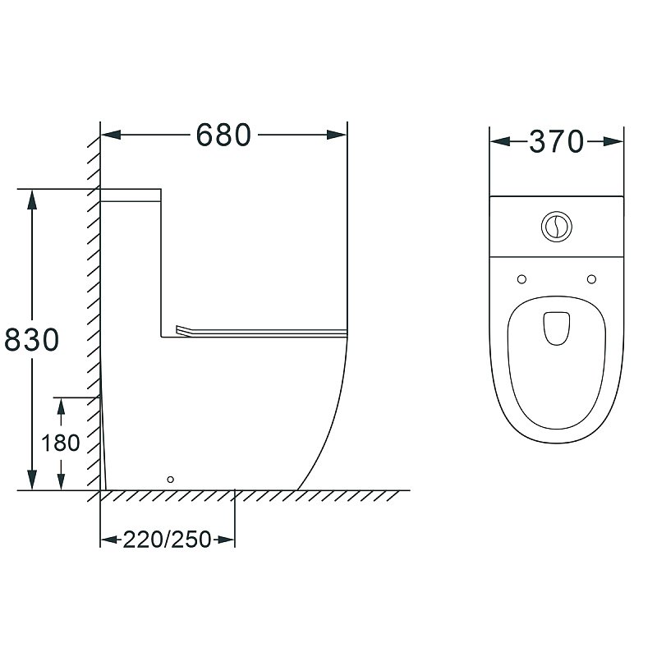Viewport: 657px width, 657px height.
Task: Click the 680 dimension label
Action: (x=223, y=135)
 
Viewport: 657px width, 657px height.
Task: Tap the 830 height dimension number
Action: (x=32, y=339)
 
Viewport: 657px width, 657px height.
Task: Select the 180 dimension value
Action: (x=60, y=443)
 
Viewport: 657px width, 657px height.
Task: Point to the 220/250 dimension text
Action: (x=167, y=540)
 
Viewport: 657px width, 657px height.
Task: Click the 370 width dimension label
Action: (x=557, y=141)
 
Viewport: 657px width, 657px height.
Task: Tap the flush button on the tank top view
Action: (x=557, y=227)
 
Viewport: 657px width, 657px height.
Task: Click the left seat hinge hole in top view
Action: (x=521, y=279)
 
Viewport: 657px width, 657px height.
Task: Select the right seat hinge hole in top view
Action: (x=591, y=279)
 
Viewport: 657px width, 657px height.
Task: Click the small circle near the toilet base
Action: (x=170, y=480)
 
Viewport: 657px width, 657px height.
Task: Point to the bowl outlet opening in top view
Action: (x=557, y=328)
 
